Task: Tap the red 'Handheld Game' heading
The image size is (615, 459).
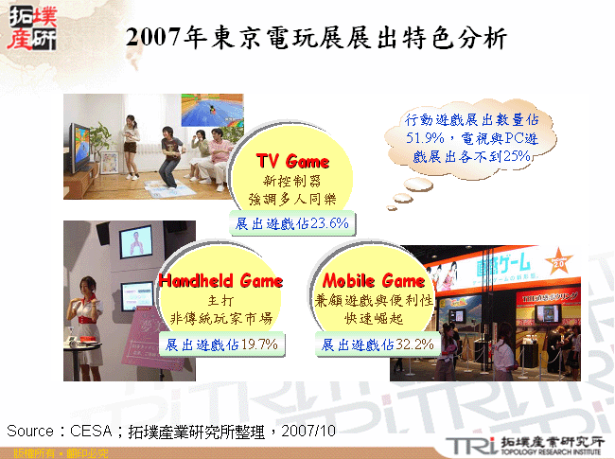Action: (x=220, y=281)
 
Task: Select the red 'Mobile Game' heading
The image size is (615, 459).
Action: (x=374, y=281)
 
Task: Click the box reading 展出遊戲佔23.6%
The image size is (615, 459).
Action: (x=292, y=223)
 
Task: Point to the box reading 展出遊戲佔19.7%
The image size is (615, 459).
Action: (x=221, y=344)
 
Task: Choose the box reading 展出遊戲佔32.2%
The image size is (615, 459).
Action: (x=377, y=344)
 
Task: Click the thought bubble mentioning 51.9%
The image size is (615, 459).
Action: (x=471, y=139)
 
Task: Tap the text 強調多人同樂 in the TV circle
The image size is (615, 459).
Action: (x=293, y=199)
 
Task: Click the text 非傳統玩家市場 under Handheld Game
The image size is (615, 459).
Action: (x=220, y=318)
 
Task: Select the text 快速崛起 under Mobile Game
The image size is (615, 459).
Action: (x=375, y=318)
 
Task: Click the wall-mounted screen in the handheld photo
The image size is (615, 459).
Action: (x=135, y=244)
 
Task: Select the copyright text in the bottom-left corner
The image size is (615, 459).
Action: (x=46, y=452)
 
